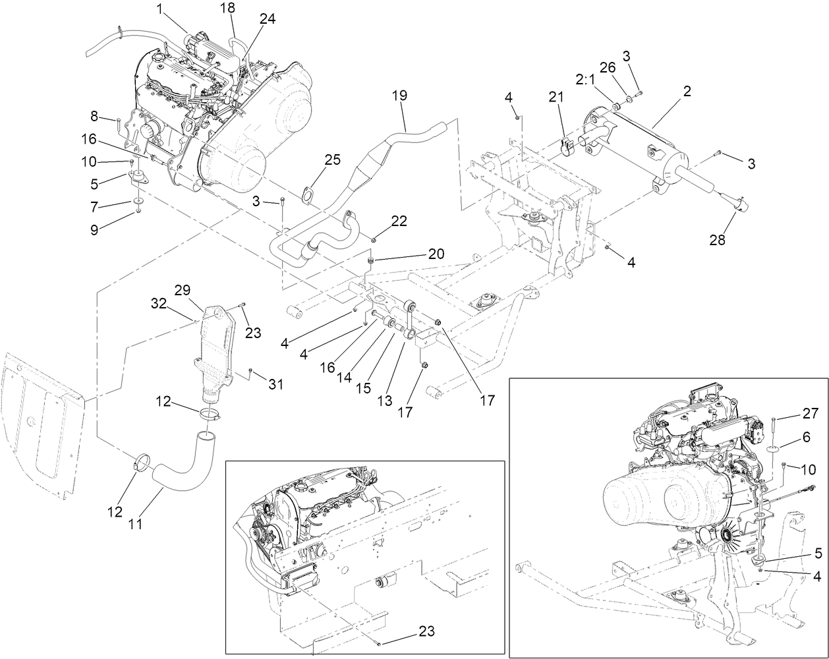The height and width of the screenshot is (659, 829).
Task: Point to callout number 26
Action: pos(607,67)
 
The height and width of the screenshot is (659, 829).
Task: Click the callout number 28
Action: pos(717,241)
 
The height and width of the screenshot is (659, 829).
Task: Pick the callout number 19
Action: pos(400,96)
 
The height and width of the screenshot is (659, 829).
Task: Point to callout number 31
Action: pos(275,384)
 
